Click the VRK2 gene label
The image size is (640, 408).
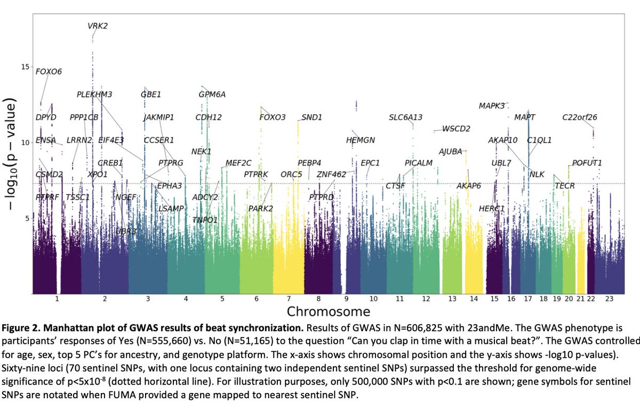98,26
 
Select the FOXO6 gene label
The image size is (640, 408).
49,72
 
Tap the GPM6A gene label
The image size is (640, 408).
212,95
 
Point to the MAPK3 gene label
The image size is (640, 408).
491,106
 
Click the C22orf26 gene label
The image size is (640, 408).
580,117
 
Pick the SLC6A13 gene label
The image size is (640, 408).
405,117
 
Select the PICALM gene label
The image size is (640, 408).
418,163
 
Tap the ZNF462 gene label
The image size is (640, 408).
331,175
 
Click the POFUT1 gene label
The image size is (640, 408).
587,163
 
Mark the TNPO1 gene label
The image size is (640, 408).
205,220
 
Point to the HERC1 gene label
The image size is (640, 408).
491,208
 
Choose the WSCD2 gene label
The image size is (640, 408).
456,129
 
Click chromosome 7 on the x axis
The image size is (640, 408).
289,299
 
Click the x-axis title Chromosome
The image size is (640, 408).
328,311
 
